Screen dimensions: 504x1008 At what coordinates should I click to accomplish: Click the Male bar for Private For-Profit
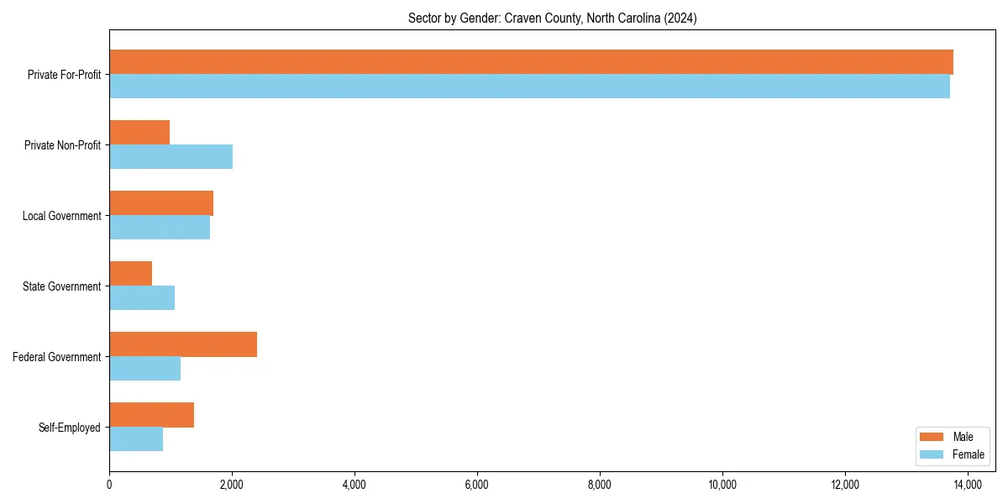click(531, 62)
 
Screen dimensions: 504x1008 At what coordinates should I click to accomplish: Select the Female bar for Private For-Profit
click(529, 87)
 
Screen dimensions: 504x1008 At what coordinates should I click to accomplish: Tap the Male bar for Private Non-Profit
click(139, 133)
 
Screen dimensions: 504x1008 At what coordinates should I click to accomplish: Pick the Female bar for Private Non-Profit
click(171, 157)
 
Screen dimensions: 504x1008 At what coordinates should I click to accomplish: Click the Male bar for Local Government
click(161, 203)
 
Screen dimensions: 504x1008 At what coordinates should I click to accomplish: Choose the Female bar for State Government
click(142, 298)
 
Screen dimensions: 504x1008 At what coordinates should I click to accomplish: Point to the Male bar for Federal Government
click(183, 344)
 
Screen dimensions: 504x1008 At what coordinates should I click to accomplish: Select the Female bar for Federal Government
click(144, 369)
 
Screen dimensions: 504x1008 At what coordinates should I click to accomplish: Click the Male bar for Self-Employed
click(151, 415)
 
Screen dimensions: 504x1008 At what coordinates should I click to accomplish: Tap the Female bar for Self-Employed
click(136, 439)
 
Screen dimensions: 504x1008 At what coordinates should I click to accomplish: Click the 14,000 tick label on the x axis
click(968, 485)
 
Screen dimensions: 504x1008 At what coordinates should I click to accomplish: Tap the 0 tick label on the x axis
click(109, 485)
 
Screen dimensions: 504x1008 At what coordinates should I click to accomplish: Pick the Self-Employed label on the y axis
click(69, 428)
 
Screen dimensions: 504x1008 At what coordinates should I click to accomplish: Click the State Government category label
click(61, 286)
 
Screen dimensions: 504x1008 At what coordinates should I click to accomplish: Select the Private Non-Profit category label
click(62, 145)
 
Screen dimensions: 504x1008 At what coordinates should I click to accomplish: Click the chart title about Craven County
click(552, 18)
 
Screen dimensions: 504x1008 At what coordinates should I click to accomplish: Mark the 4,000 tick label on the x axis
click(354, 485)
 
